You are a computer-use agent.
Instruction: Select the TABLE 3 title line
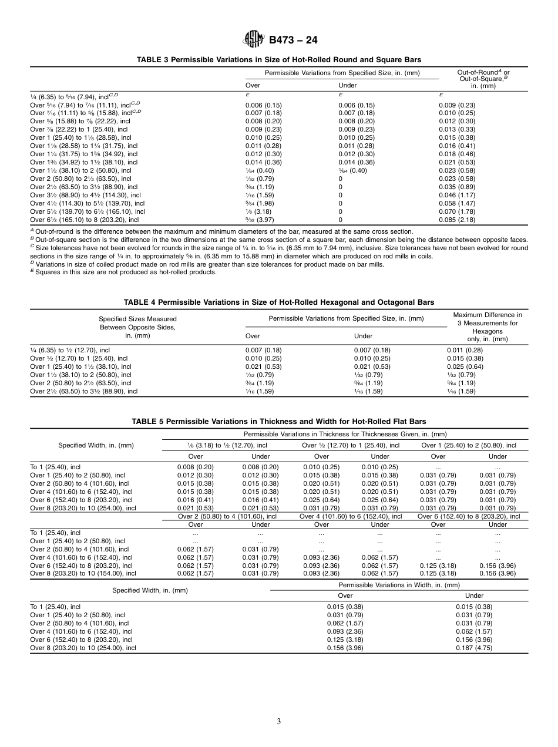click(x=279, y=60)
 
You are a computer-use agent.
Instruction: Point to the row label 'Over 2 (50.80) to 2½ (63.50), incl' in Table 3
click(x=81, y=179)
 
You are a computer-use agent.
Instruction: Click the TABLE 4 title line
click(x=279, y=302)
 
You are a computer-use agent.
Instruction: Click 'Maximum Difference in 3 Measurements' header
click(x=487, y=319)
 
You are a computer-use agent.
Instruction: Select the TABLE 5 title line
click(x=279, y=422)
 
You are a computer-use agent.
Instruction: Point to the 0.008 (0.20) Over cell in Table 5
click(x=196, y=467)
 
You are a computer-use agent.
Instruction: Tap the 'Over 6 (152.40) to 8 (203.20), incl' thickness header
click(x=468, y=516)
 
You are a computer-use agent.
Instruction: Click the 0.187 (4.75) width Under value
click(x=474, y=648)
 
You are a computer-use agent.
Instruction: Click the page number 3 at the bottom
click(x=279, y=722)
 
